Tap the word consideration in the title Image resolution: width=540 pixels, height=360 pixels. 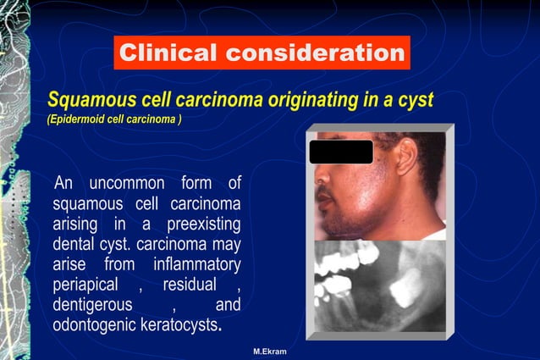(314, 53)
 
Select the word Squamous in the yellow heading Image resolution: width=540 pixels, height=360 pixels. (85, 100)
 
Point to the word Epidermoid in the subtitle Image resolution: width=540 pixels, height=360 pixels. (79, 119)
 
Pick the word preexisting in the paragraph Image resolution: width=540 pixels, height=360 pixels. (203, 224)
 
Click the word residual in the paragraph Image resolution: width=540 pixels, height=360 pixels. (190, 285)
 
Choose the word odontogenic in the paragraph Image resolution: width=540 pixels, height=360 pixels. (94, 325)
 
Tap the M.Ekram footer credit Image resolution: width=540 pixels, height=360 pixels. (269, 351)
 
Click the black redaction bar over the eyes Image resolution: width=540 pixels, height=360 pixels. (340, 152)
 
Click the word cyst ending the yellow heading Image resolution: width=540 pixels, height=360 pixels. (416, 100)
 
